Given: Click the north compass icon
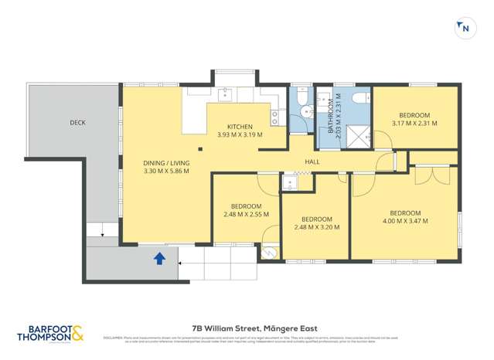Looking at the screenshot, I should point(465,28).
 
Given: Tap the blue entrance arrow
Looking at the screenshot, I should point(159,259).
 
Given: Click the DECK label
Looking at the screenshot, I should point(77,122).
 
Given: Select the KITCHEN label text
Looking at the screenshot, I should point(240,127).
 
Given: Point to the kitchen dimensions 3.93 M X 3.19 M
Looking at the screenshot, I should point(240,134).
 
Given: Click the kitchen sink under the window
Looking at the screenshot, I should point(227,94).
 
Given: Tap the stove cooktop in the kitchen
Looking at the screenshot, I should point(274,117).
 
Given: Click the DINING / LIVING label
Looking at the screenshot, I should point(166,163).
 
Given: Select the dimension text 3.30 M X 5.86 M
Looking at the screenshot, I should point(166,171).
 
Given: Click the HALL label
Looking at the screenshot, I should point(312,161).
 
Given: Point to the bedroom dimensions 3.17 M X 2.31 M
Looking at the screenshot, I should point(414,123).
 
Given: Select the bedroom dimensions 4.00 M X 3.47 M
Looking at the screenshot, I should point(405,221).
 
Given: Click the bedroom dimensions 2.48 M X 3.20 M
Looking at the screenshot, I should point(317,227).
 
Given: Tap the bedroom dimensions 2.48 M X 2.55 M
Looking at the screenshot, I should point(246,214).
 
